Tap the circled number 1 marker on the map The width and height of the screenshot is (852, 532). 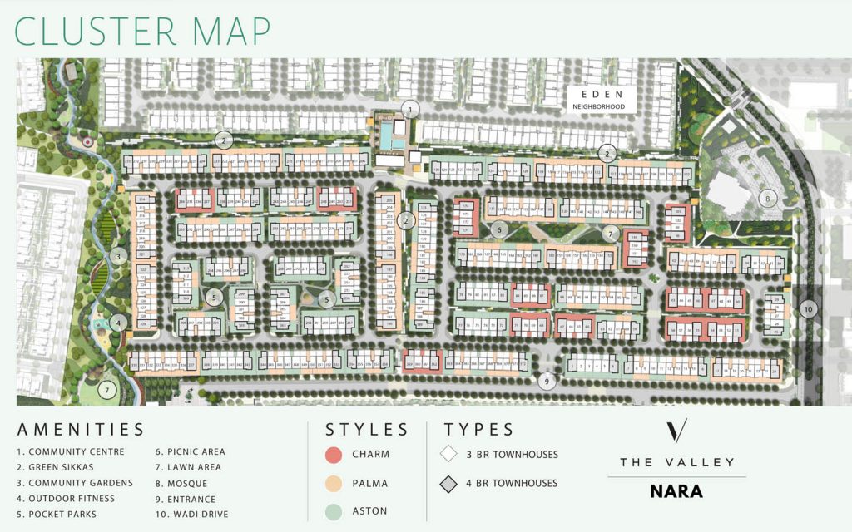click(410, 109)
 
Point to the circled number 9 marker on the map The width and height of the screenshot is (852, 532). click(547, 382)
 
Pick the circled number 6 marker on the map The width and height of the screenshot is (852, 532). click(499, 229)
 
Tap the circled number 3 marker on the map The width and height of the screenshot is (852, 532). click(119, 256)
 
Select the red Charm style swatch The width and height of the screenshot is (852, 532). click(334, 455)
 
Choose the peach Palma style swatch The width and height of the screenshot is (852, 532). click(334, 483)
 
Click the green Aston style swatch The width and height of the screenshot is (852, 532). click(334, 510)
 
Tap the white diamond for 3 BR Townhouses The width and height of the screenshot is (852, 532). click(449, 455)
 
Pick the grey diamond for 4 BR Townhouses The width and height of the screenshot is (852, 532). click(449, 483)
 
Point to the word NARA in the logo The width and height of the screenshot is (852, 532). click(676, 491)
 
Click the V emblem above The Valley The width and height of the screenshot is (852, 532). click(677, 432)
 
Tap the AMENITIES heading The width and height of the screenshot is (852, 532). click(81, 430)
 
